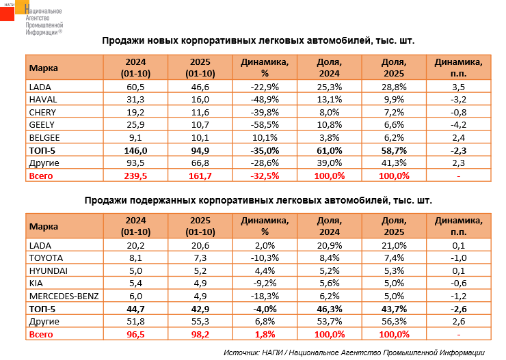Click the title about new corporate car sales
[x=259, y=40]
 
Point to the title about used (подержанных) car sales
[x=259, y=202]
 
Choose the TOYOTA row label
[x=46, y=258]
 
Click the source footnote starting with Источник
[x=358, y=352]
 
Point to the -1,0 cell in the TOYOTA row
[x=459, y=258]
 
